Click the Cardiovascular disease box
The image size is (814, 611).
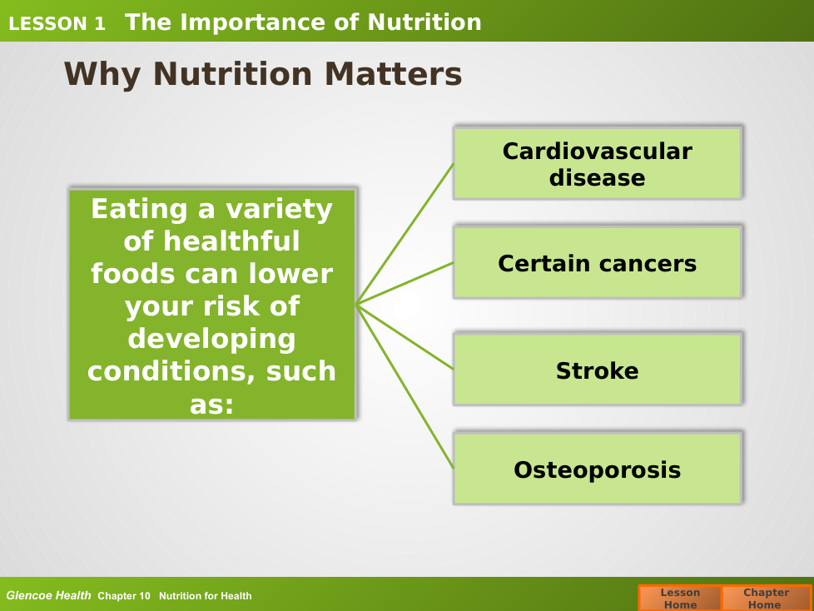click(598, 163)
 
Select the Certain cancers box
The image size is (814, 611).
click(598, 263)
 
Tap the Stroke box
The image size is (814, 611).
click(598, 369)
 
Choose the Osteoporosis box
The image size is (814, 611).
click(598, 469)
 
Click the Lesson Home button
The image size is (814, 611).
click(680, 598)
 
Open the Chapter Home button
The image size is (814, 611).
click(767, 598)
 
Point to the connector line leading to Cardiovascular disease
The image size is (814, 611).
click(405, 234)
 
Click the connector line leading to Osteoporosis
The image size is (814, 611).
click(405, 386)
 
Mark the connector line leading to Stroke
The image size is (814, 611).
click(405, 337)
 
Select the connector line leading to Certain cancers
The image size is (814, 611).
click(405, 283)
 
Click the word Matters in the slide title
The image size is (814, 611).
click(393, 74)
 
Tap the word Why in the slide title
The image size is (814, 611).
click(102, 75)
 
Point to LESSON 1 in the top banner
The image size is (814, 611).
click(57, 24)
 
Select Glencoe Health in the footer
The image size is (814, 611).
click(48, 595)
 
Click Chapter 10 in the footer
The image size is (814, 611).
click(124, 596)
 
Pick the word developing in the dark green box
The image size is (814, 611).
click(211, 340)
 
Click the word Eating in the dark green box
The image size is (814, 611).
click(139, 210)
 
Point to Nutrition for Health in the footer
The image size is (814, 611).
click(205, 596)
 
